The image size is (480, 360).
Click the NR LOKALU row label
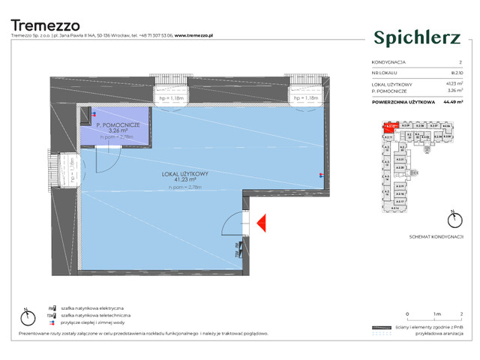[x=385, y=73]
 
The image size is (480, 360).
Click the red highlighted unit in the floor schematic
[x=389, y=127]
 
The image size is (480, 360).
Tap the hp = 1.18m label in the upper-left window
[x=172, y=98]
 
